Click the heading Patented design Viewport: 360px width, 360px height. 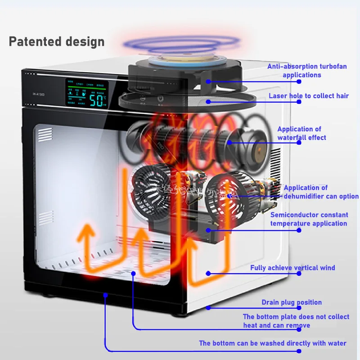(x=57, y=42)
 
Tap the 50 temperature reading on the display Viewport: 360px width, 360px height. (x=96, y=100)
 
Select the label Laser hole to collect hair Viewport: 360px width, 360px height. (x=309, y=95)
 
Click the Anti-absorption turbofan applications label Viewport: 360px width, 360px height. (x=307, y=71)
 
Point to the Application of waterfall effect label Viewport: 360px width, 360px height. (x=301, y=133)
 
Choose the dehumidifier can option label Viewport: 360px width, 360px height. (x=321, y=192)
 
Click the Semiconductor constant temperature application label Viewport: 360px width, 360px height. (x=309, y=219)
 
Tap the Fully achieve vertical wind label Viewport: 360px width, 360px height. (x=292, y=268)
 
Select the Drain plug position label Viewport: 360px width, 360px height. (x=292, y=302)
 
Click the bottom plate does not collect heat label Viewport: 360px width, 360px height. (x=296, y=321)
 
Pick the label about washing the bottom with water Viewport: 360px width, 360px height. (x=273, y=343)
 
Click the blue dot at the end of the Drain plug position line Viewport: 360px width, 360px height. (x=208, y=308)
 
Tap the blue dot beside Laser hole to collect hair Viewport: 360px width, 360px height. (x=208, y=102)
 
